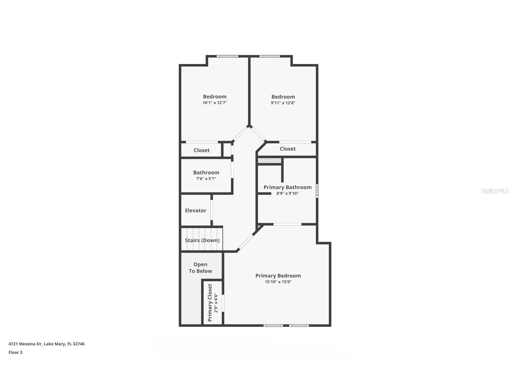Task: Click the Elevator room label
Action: coord(195,211)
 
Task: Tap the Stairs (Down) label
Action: coord(202,240)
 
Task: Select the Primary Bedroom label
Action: coord(278,276)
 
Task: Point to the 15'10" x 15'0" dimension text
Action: coord(278,282)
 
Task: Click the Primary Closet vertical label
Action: coord(210,303)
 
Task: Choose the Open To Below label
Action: coord(200,268)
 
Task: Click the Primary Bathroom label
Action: coord(287,187)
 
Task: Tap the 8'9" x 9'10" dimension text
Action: coord(287,193)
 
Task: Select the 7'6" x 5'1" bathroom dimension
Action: coord(206,179)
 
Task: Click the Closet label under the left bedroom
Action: coord(201,150)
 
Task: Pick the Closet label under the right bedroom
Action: coord(288,149)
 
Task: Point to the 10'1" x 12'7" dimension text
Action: coord(215,103)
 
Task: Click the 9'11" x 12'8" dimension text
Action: coord(283,103)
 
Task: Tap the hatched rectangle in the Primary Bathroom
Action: coord(270,161)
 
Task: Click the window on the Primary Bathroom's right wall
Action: coord(317,191)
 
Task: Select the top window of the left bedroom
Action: coord(227,56)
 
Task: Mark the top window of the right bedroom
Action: coord(270,56)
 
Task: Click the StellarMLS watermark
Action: coord(495,191)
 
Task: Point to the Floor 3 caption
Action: coord(15,352)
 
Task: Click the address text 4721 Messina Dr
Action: coord(46,344)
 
